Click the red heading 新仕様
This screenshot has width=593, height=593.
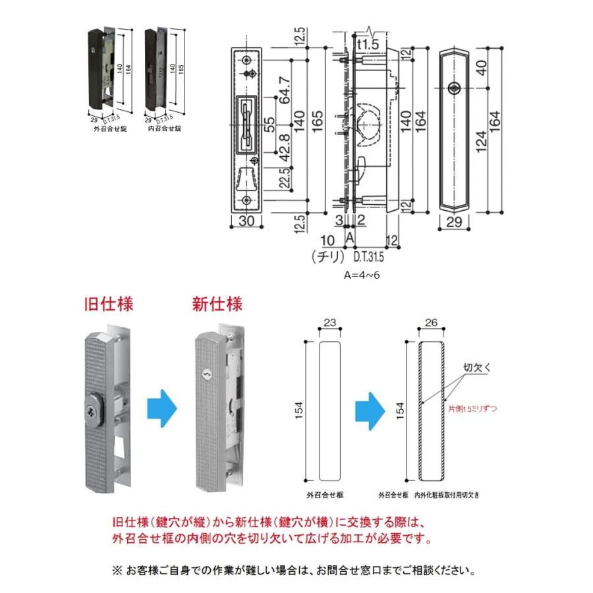coord(217,305)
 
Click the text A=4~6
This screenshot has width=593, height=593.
coord(362,275)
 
